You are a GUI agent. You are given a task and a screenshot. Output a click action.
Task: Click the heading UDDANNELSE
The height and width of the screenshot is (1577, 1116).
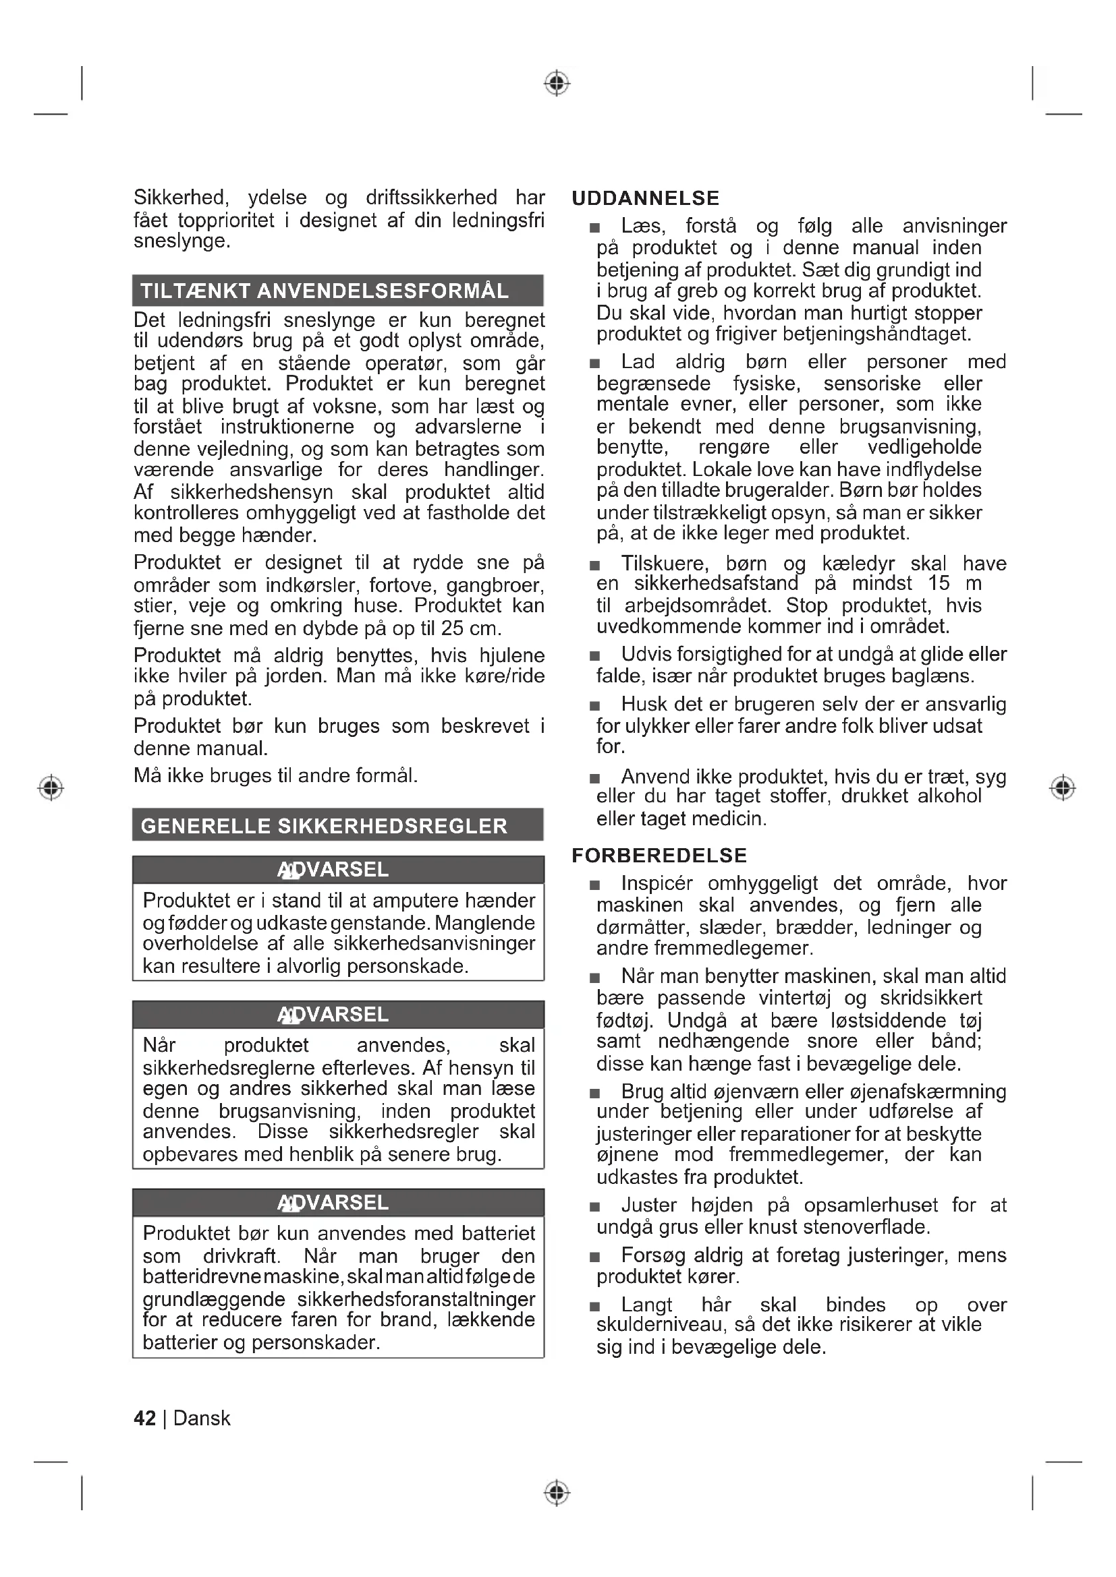[x=645, y=198]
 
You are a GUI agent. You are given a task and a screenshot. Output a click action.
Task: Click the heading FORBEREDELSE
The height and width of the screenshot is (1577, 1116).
[x=659, y=855]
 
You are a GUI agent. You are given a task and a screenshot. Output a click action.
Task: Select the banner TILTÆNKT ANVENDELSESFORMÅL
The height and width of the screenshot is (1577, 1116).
[x=337, y=291]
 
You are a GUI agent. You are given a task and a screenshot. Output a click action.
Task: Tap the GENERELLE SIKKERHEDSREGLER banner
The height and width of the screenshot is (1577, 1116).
[x=337, y=825]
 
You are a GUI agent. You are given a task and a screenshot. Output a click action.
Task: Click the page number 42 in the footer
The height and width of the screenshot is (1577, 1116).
[x=144, y=1418]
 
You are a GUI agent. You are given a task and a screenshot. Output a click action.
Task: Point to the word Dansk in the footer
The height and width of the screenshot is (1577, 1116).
[x=202, y=1418]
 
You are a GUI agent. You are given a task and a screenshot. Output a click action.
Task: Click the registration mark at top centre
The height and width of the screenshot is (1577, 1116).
[x=557, y=84]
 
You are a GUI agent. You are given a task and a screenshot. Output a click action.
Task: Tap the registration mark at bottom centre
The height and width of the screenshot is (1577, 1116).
[x=557, y=1493]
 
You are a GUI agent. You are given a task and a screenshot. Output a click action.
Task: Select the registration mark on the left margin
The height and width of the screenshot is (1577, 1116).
[x=51, y=787]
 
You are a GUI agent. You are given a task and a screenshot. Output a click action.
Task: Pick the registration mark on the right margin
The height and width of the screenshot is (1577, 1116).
[x=1063, y=787]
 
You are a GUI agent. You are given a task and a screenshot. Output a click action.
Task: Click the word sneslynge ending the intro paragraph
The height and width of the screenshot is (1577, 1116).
[x=182, y=241]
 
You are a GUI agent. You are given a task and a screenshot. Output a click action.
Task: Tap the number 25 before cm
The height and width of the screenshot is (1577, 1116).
[x=452, y=628]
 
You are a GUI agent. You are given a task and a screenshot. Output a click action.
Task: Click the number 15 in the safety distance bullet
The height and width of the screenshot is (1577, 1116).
[x=938, y=584]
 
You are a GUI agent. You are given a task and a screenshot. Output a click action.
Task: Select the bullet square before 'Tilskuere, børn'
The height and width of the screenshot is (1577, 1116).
[x=595, y=565]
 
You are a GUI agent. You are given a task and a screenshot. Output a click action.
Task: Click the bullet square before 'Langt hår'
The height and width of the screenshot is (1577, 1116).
[x=595, y=1307]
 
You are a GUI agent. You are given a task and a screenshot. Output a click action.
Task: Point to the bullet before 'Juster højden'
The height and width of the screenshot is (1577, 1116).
[x=595, y=1207]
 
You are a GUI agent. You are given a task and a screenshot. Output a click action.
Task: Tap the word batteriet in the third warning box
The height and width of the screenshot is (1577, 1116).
[x=498, y=1233]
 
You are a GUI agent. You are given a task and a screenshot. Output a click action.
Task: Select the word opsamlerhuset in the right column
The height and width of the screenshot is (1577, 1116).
[x=870, y=1206]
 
